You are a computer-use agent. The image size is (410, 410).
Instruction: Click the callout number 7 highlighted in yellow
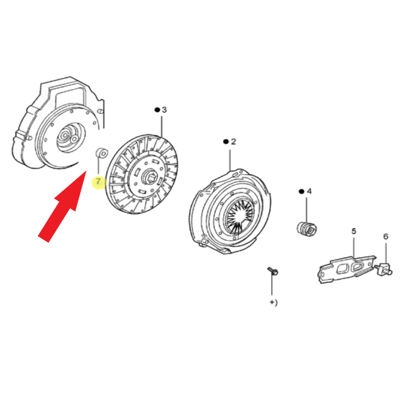(98, 181)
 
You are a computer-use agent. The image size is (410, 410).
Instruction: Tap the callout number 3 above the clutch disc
(164, 110)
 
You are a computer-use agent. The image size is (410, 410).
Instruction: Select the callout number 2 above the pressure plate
(233, 141)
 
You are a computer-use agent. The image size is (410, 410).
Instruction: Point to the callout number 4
(309, 191)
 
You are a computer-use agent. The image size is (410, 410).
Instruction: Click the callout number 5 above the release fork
(354, 231)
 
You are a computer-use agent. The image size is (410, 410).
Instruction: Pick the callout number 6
(386, 236)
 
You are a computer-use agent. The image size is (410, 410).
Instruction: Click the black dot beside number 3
(157, 110)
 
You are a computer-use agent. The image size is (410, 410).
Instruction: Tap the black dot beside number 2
(226, 142)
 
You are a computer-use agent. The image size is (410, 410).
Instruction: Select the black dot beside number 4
(301, 191)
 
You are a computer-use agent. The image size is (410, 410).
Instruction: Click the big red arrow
(62, 207)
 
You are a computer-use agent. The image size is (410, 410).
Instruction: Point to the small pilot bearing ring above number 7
(101, 153)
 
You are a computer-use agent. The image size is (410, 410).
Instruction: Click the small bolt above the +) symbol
(273, 271)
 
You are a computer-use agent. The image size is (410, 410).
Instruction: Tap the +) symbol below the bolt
(274, 303)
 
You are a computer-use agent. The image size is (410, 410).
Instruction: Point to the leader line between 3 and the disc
(162, 127)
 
